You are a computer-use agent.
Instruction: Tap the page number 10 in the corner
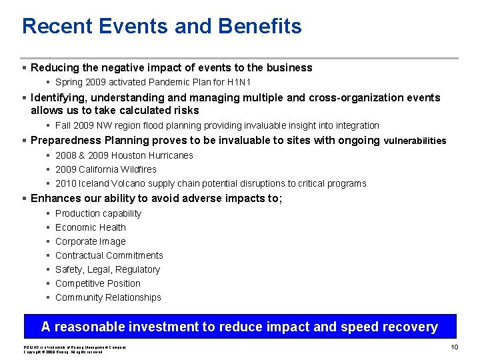[454, 347]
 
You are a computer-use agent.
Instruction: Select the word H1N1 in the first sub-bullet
[237, 82]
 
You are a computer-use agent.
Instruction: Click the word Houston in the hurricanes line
[132, 155]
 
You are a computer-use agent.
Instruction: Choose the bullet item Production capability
[98, 213]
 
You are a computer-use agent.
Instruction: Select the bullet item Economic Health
[90, 227]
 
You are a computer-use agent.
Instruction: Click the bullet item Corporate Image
[90, 241]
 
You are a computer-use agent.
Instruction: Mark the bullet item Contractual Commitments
[109, 255]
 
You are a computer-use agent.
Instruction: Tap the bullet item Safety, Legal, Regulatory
[107, 269]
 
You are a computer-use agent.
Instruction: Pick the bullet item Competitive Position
[97, 283]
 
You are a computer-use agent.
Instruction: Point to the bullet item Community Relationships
[108, 297]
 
